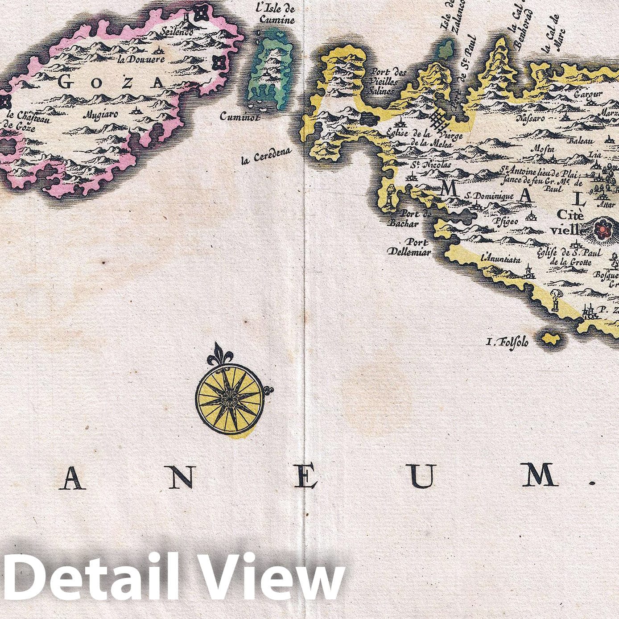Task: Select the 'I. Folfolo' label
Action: click(508, 342)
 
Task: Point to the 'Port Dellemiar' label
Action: click(409, 248)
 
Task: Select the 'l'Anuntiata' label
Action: click(500, 259)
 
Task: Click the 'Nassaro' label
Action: click(530, 119)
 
